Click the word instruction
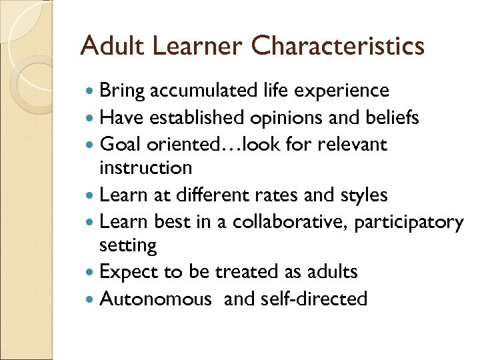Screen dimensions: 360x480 tap(145, 167)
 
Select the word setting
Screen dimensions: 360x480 tap(128, 246)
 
